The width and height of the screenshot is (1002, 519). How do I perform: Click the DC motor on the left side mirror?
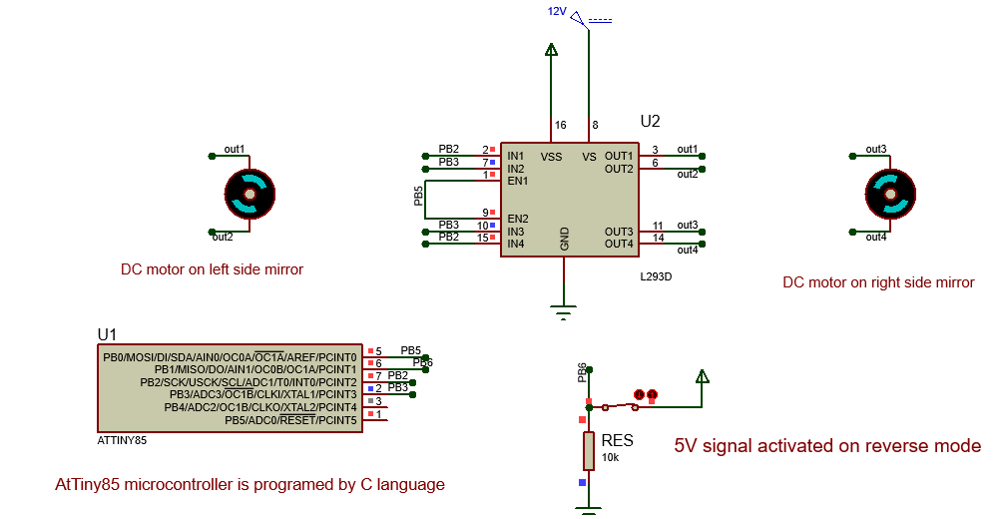coord(250,193)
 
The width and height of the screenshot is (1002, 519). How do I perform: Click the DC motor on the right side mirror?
coord(890,193)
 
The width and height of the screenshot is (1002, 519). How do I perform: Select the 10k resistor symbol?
coord(589,450)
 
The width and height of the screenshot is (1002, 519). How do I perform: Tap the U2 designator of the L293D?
coord(650,121)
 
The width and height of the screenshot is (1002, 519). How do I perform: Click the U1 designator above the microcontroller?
coord(107,334)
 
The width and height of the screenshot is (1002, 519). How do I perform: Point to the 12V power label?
coord(557,11)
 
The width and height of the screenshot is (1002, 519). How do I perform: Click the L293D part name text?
coord(656,276)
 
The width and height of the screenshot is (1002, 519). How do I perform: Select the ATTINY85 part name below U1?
coord(122,440)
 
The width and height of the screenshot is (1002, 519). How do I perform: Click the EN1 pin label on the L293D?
coord(518,181)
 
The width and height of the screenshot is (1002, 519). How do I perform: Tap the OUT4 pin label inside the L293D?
coord(619,244)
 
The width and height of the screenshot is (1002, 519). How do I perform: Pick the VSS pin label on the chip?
coord(551,156)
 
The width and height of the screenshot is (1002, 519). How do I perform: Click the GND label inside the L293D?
coord(564,240)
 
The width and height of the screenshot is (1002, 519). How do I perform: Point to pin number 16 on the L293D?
coord(560,126)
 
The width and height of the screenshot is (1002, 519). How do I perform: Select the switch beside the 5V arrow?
coord(620,406)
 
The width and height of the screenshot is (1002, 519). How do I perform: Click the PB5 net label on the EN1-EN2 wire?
coord(418,196)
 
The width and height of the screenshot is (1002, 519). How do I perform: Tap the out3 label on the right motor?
coord(876,149)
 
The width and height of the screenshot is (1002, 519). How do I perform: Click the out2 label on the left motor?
coord(223,238)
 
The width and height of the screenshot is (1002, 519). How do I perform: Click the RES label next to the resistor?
coord(618,440)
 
